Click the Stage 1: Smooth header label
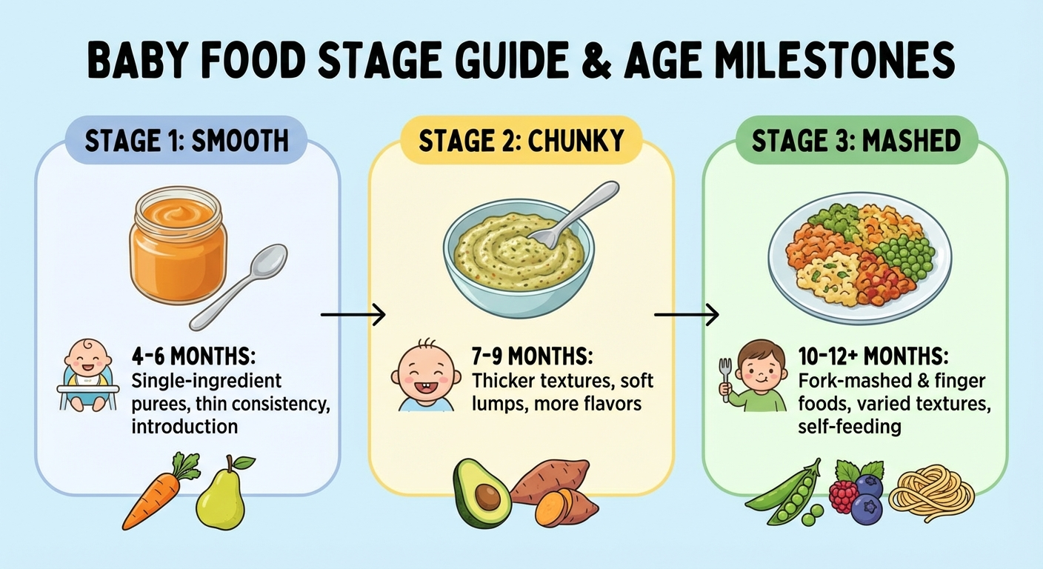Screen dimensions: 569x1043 (186, 141)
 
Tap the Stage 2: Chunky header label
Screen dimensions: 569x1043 (521, 141)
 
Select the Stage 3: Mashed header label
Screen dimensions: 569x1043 (856, 141)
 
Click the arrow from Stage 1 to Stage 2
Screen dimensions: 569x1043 (353, 315)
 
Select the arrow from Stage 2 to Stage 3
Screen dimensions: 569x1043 (686, 315)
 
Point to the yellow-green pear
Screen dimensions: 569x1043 (220, 494)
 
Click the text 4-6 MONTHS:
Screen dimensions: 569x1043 (193, 356)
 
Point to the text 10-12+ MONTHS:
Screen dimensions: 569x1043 (873, 356)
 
